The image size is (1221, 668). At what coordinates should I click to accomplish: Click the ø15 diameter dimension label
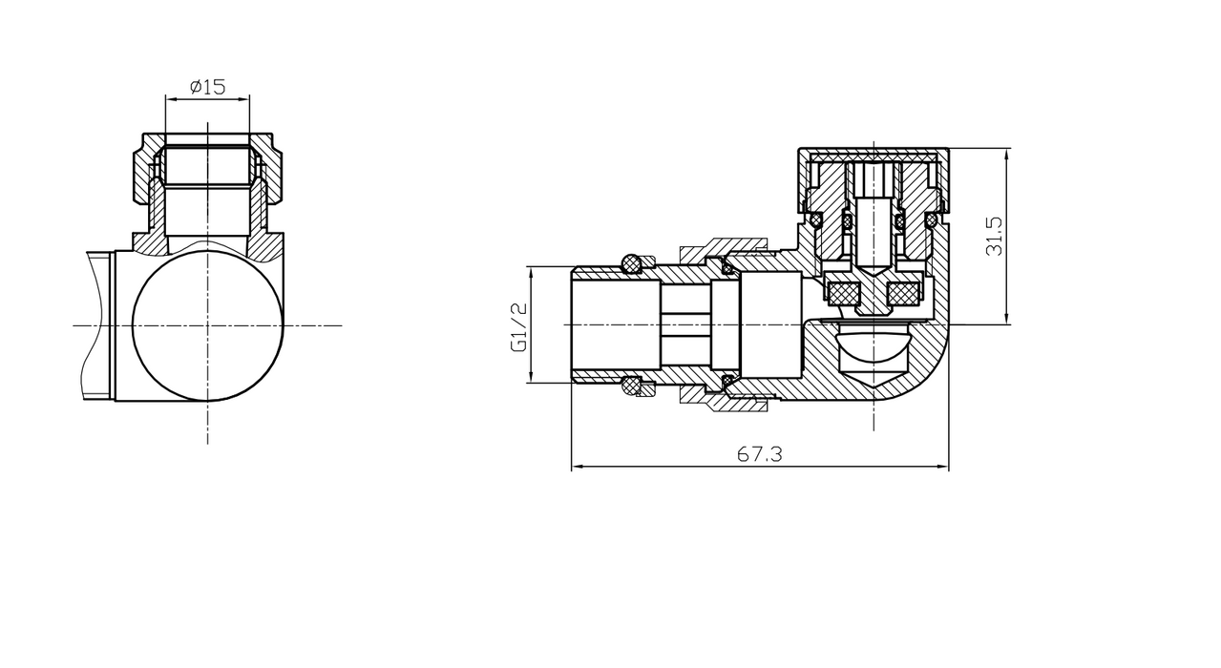[x=207, y=87]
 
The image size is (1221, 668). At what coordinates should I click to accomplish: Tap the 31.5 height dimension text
[x=995, y=235]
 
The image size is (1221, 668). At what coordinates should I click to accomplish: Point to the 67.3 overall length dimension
[x=760, y=455]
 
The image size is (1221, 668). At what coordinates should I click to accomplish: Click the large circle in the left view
[x=208, y=324]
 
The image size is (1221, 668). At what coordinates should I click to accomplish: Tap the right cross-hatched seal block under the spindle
[x=903, y=293]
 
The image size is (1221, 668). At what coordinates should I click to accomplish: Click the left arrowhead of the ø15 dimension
[x=169, y=97]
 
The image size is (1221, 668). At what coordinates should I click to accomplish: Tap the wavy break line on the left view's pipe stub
[x=89, y=324]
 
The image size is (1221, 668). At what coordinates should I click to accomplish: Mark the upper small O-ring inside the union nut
[x=727, y=268]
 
